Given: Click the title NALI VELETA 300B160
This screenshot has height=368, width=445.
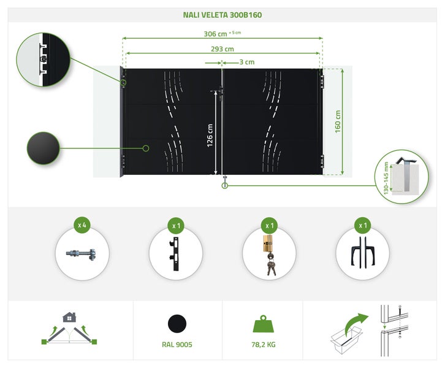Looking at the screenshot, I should click(222, 15).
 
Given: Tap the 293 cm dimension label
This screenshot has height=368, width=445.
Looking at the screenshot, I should click(222, 49).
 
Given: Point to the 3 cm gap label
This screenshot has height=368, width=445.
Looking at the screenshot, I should click(246, 62).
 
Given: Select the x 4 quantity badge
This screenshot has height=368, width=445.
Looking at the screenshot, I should click(82, 225).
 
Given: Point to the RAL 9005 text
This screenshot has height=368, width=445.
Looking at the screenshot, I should click(177, 345).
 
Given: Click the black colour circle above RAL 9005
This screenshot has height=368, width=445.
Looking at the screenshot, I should click(177, 324).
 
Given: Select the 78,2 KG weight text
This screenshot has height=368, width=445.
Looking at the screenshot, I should click(266, 345).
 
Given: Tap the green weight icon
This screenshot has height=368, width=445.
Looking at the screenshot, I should click(266, 323).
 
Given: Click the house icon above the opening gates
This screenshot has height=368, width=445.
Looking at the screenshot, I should click(69, 318).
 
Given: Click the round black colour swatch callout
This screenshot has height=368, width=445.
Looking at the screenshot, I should click(43, 148).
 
